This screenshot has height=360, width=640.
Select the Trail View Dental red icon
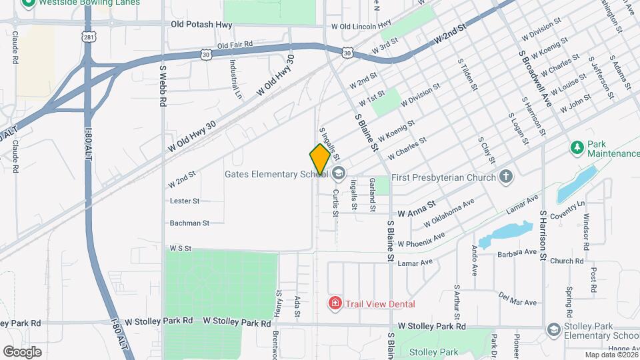click(x=335, y=304)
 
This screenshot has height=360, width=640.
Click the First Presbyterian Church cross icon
click(x=506, y=177)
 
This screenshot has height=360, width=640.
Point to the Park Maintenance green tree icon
click(x=577, y=145)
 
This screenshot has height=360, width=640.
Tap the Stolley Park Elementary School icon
click(x=553, y=329)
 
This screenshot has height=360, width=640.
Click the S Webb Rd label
click(x=163, y=85)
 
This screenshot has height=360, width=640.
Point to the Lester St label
click(x=185, y=201)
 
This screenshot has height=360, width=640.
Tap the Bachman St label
click(x=189, y=223)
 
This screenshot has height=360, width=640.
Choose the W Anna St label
click(x=417, y=209)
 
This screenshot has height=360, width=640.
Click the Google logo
click(x=22, y=351)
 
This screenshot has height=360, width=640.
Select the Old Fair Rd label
click(x=235, y=45)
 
